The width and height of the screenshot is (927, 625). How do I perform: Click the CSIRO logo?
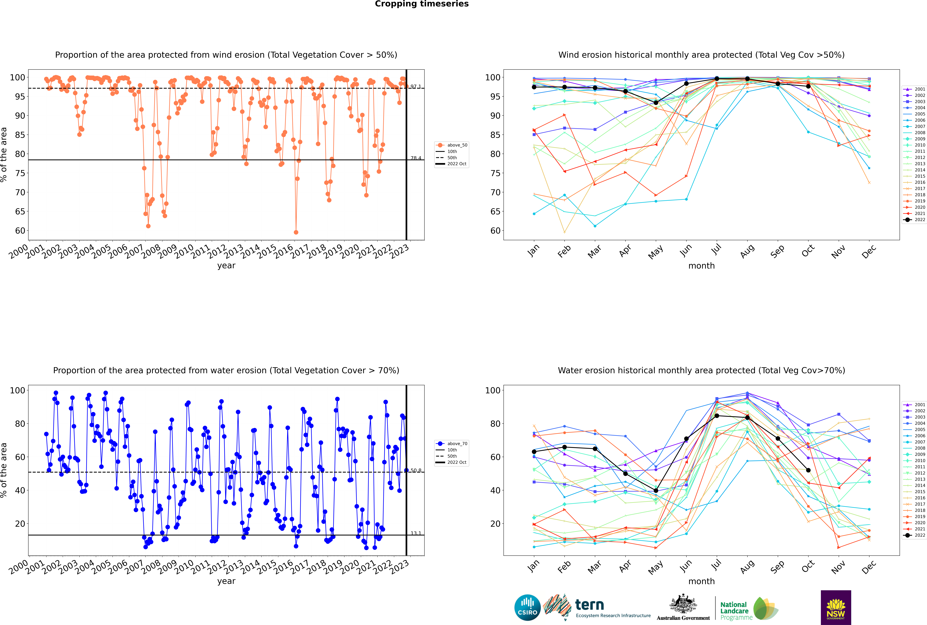click(x=527, y=607)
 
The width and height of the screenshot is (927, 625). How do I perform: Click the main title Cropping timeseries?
click(x=422, y=4)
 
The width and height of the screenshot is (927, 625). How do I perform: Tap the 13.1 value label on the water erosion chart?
click(x=416, y=533)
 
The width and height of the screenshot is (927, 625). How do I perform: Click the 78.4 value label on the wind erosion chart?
click(x=416, y=158)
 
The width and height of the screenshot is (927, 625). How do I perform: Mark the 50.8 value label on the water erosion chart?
click(x=416, y=471)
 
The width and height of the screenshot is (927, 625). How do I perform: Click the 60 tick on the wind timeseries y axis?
click(x=20, y=231)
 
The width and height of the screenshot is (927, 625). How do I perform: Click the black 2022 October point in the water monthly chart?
click(x=808, y=470)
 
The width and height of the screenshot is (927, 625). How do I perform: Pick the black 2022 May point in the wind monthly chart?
click(x=656, y=103)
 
